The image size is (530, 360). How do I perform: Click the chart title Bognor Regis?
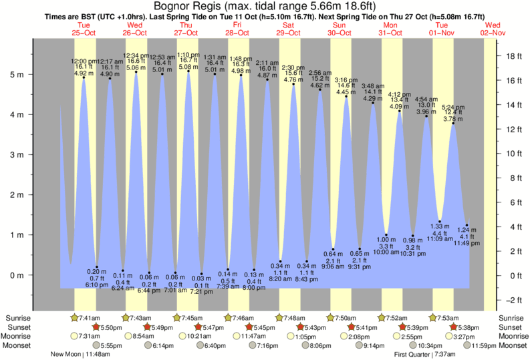(265, 6)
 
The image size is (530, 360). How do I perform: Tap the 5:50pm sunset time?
(110, 327)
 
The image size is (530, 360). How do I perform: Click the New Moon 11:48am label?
(80, 354)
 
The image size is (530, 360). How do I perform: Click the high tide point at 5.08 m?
(188, 71)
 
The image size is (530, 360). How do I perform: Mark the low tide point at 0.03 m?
(201, 274)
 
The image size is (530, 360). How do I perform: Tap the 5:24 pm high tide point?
(453, 123)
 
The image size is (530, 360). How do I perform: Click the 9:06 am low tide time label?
(333, 267)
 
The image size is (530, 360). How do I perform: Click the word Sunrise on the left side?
(17, 318)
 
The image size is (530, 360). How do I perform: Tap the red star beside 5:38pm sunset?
(454, 327)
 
